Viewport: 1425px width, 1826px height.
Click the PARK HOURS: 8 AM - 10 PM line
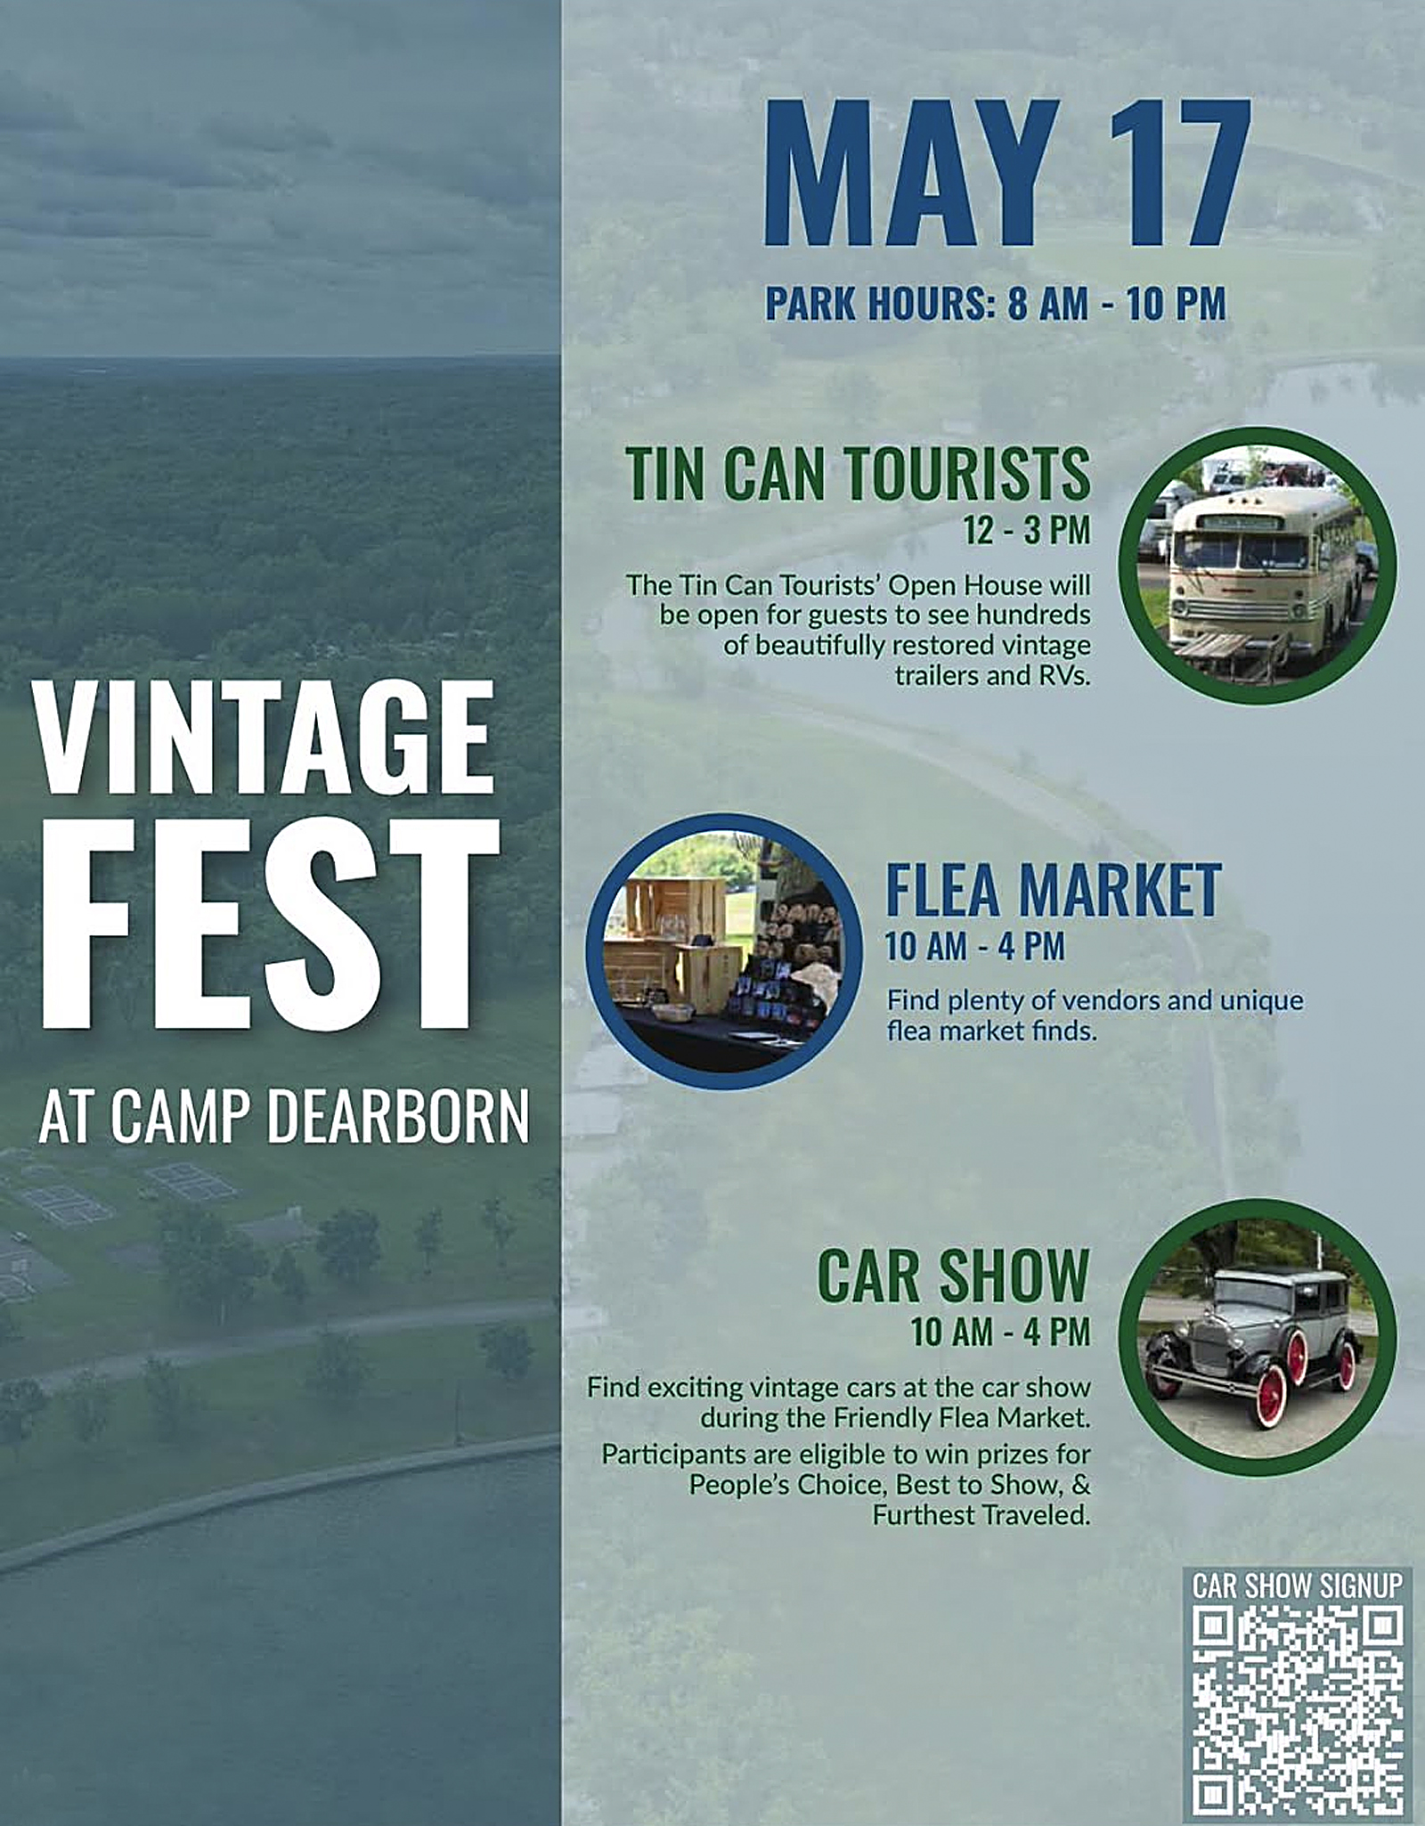point(995,304)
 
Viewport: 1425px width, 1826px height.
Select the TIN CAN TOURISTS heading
point(858,474)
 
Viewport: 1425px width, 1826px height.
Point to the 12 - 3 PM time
point(1026,530)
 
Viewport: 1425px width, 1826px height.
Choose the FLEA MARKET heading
point(1053,890)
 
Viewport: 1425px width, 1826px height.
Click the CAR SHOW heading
point(954,1276)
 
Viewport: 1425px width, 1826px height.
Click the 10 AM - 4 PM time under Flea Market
point(975,946)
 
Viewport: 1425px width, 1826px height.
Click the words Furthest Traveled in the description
point(981,1515)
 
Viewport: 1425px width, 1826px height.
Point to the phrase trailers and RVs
point(992,676)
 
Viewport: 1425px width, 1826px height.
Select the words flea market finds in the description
point(991,1031)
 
